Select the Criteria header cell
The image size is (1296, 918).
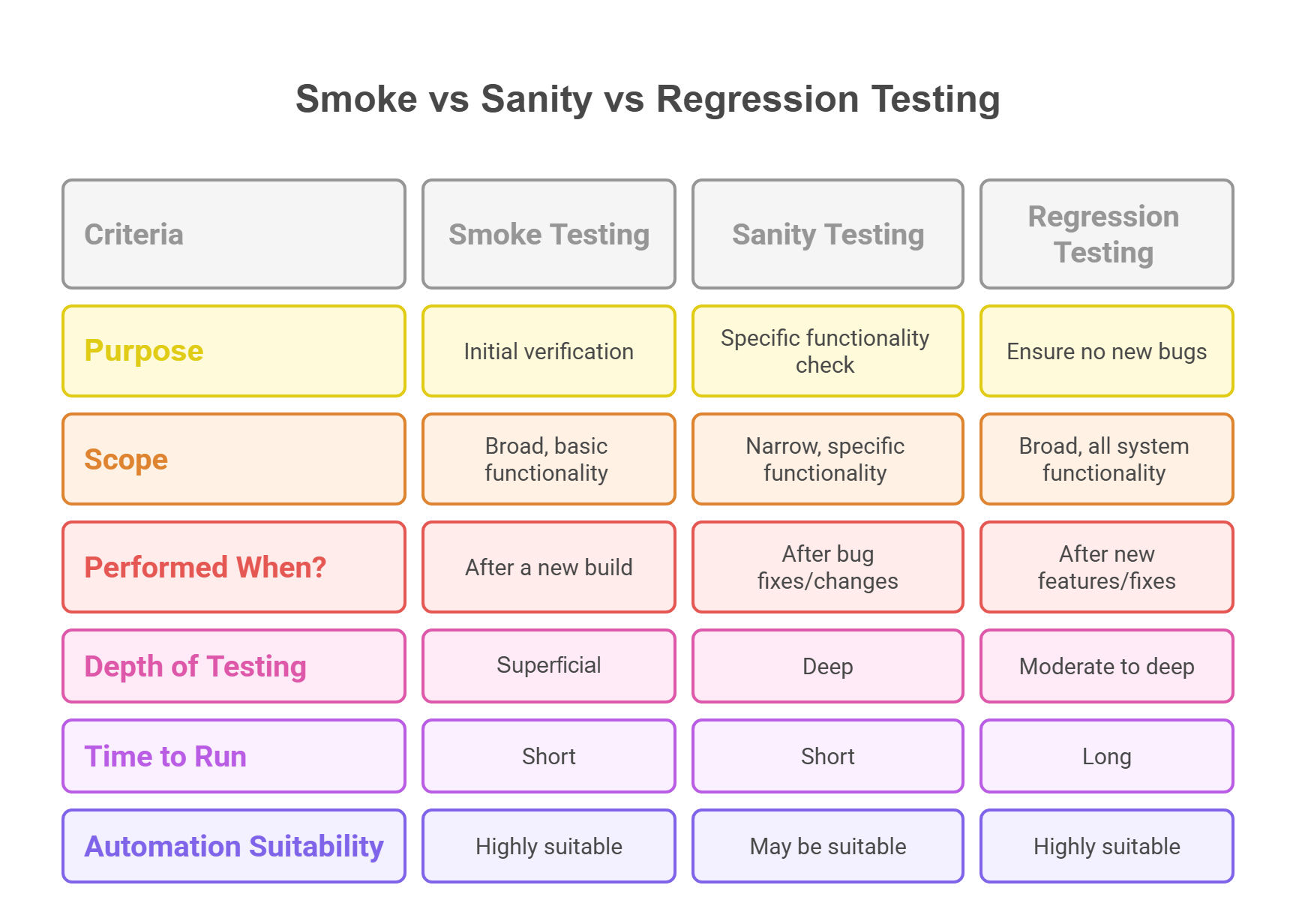pyautogui.click(x=234, y=234)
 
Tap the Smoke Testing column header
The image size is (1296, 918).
pyautogui.click(x=549, y=234)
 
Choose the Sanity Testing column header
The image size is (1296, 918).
pyautogui.click(x=828, y=234)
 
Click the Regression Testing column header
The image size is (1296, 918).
pyautogui.click(x=1106, y=234)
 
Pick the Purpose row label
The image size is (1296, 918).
pyautogui.click(x=234, y=351)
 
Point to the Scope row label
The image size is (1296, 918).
pyautogui.click(x=234, y=459)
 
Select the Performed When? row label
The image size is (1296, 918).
pyautogui.click(x=234, y=567)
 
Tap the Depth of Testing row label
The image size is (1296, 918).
pyautogui.click(x=234, y=666)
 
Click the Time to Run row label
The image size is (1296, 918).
pyautogui.click(x=234, y=756)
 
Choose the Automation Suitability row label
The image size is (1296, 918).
pyautogui.click(x=234, y=846)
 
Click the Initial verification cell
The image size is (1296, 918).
pyautogui.click(x=549, y=351)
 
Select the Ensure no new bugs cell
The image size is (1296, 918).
pyautogui.click(x=1106, y=351)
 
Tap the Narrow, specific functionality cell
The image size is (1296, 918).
pyautogui.click(x=828, y=459)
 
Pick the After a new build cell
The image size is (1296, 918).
pyautogui.click(x=549, y=567)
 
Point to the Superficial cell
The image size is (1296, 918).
pyautogui.click(x=549, y=666)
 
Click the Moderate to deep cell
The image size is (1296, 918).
pyautogui.click(x=1106, y=666)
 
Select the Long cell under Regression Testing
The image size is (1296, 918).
pyautogui.click(x=1106, y=756)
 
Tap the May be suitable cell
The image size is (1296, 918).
pyautogui.click(x=828, y=846)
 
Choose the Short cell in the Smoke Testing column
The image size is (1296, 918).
pyautogui.click(x=549, y=756)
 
